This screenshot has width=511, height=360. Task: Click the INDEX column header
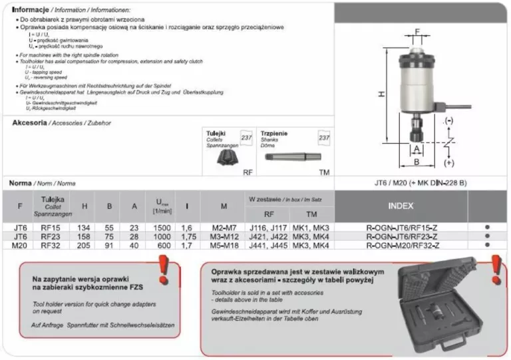pos(401,206)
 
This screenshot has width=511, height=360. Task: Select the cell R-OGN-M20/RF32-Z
pos(401,245)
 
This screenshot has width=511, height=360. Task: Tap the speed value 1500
pos(162,227)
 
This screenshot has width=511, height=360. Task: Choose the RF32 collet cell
pos(52,245)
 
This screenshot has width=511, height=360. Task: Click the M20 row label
pos(19,245)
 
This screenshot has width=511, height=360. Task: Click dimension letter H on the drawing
pos(381,94)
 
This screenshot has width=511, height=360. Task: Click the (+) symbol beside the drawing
pos(449,162)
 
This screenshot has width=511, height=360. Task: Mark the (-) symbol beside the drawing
pos(449,120)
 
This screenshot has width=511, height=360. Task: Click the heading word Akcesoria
pos(29,123)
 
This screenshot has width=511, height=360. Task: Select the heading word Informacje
pos(31,11)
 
